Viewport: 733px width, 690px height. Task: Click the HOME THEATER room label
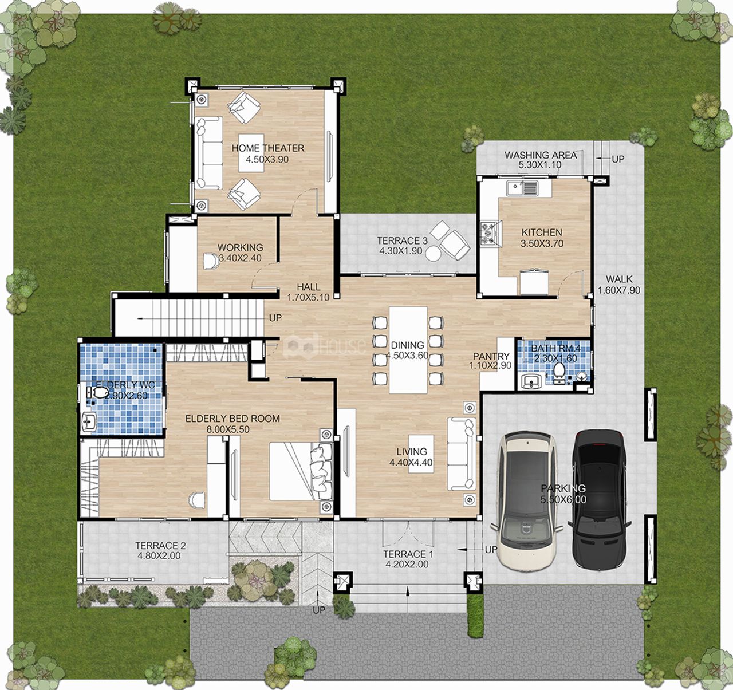click(x=267, y=148)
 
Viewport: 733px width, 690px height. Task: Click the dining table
click(x=408, y=350)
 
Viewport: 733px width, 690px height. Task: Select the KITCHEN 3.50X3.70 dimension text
click(x=542, y=244)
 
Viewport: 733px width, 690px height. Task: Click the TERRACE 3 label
click(x=402, y=240)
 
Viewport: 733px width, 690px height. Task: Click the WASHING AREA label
click(x=541, y=155)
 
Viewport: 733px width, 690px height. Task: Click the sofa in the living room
click(x=462, y=454)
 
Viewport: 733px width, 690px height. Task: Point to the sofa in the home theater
click(x=209, y=153)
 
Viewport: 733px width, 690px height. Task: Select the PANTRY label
click(x=491, y=356)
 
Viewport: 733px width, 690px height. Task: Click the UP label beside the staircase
click(x=275, y=318)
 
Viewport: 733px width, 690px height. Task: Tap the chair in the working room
click(x=211, y=261)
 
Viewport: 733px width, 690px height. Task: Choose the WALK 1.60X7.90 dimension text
click(x=618, y=290)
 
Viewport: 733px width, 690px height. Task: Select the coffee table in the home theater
click(x=251, y=153)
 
